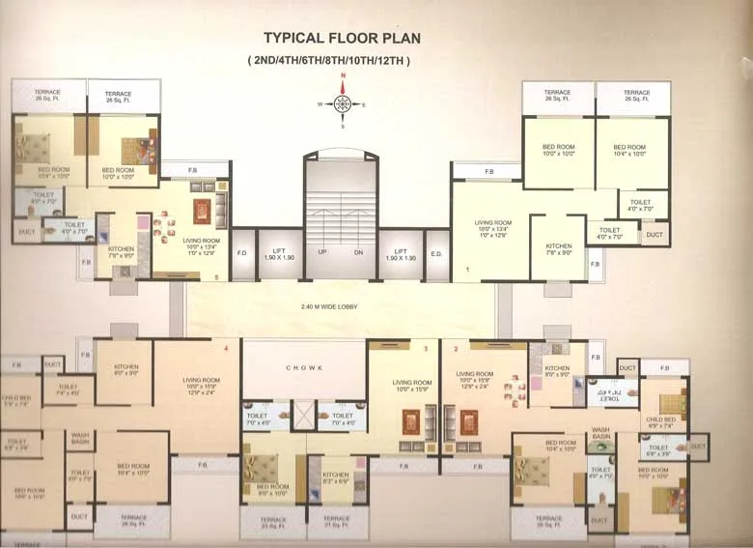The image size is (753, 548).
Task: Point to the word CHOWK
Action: click(303, 368)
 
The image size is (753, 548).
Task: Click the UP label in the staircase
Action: click(321, 253)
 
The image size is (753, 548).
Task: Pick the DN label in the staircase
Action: click(359, 253)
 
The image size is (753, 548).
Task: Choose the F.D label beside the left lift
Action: click(242, 254)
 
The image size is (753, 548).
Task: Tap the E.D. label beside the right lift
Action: click(435, 254)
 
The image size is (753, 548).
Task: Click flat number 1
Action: click(466, 270)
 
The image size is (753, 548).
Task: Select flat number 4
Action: click(226, 347)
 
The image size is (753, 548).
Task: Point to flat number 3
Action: click(425, 347)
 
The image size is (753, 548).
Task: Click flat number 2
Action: click(455, 347)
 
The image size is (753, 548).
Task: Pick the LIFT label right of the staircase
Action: click(400, 254)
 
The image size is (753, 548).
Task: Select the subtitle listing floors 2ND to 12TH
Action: click(328, 61)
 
